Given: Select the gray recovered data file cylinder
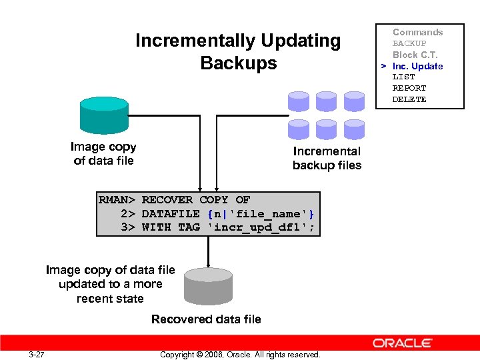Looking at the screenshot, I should (208, 285).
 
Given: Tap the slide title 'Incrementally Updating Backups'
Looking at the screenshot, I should (238, 52).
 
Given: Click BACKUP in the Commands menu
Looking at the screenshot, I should (409, 43).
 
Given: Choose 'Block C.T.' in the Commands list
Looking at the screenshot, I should (415, 55).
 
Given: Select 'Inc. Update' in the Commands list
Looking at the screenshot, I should (417, 66).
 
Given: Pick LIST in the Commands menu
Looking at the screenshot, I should (403, 77).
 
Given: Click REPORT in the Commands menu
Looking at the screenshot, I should (409, 88).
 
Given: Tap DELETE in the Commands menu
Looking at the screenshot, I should (409, 99).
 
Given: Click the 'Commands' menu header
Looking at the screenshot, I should (417, 32).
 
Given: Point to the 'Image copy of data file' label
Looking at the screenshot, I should (103, 154).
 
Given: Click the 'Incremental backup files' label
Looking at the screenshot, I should (327, 159).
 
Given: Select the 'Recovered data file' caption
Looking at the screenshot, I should (206, 319).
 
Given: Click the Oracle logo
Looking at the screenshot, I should (402, 343).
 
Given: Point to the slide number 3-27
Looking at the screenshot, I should (37, 354).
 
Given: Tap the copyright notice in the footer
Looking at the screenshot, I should (240, 354).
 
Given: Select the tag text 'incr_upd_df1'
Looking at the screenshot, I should (261, 227).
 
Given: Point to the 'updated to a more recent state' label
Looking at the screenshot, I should (110, 291).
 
